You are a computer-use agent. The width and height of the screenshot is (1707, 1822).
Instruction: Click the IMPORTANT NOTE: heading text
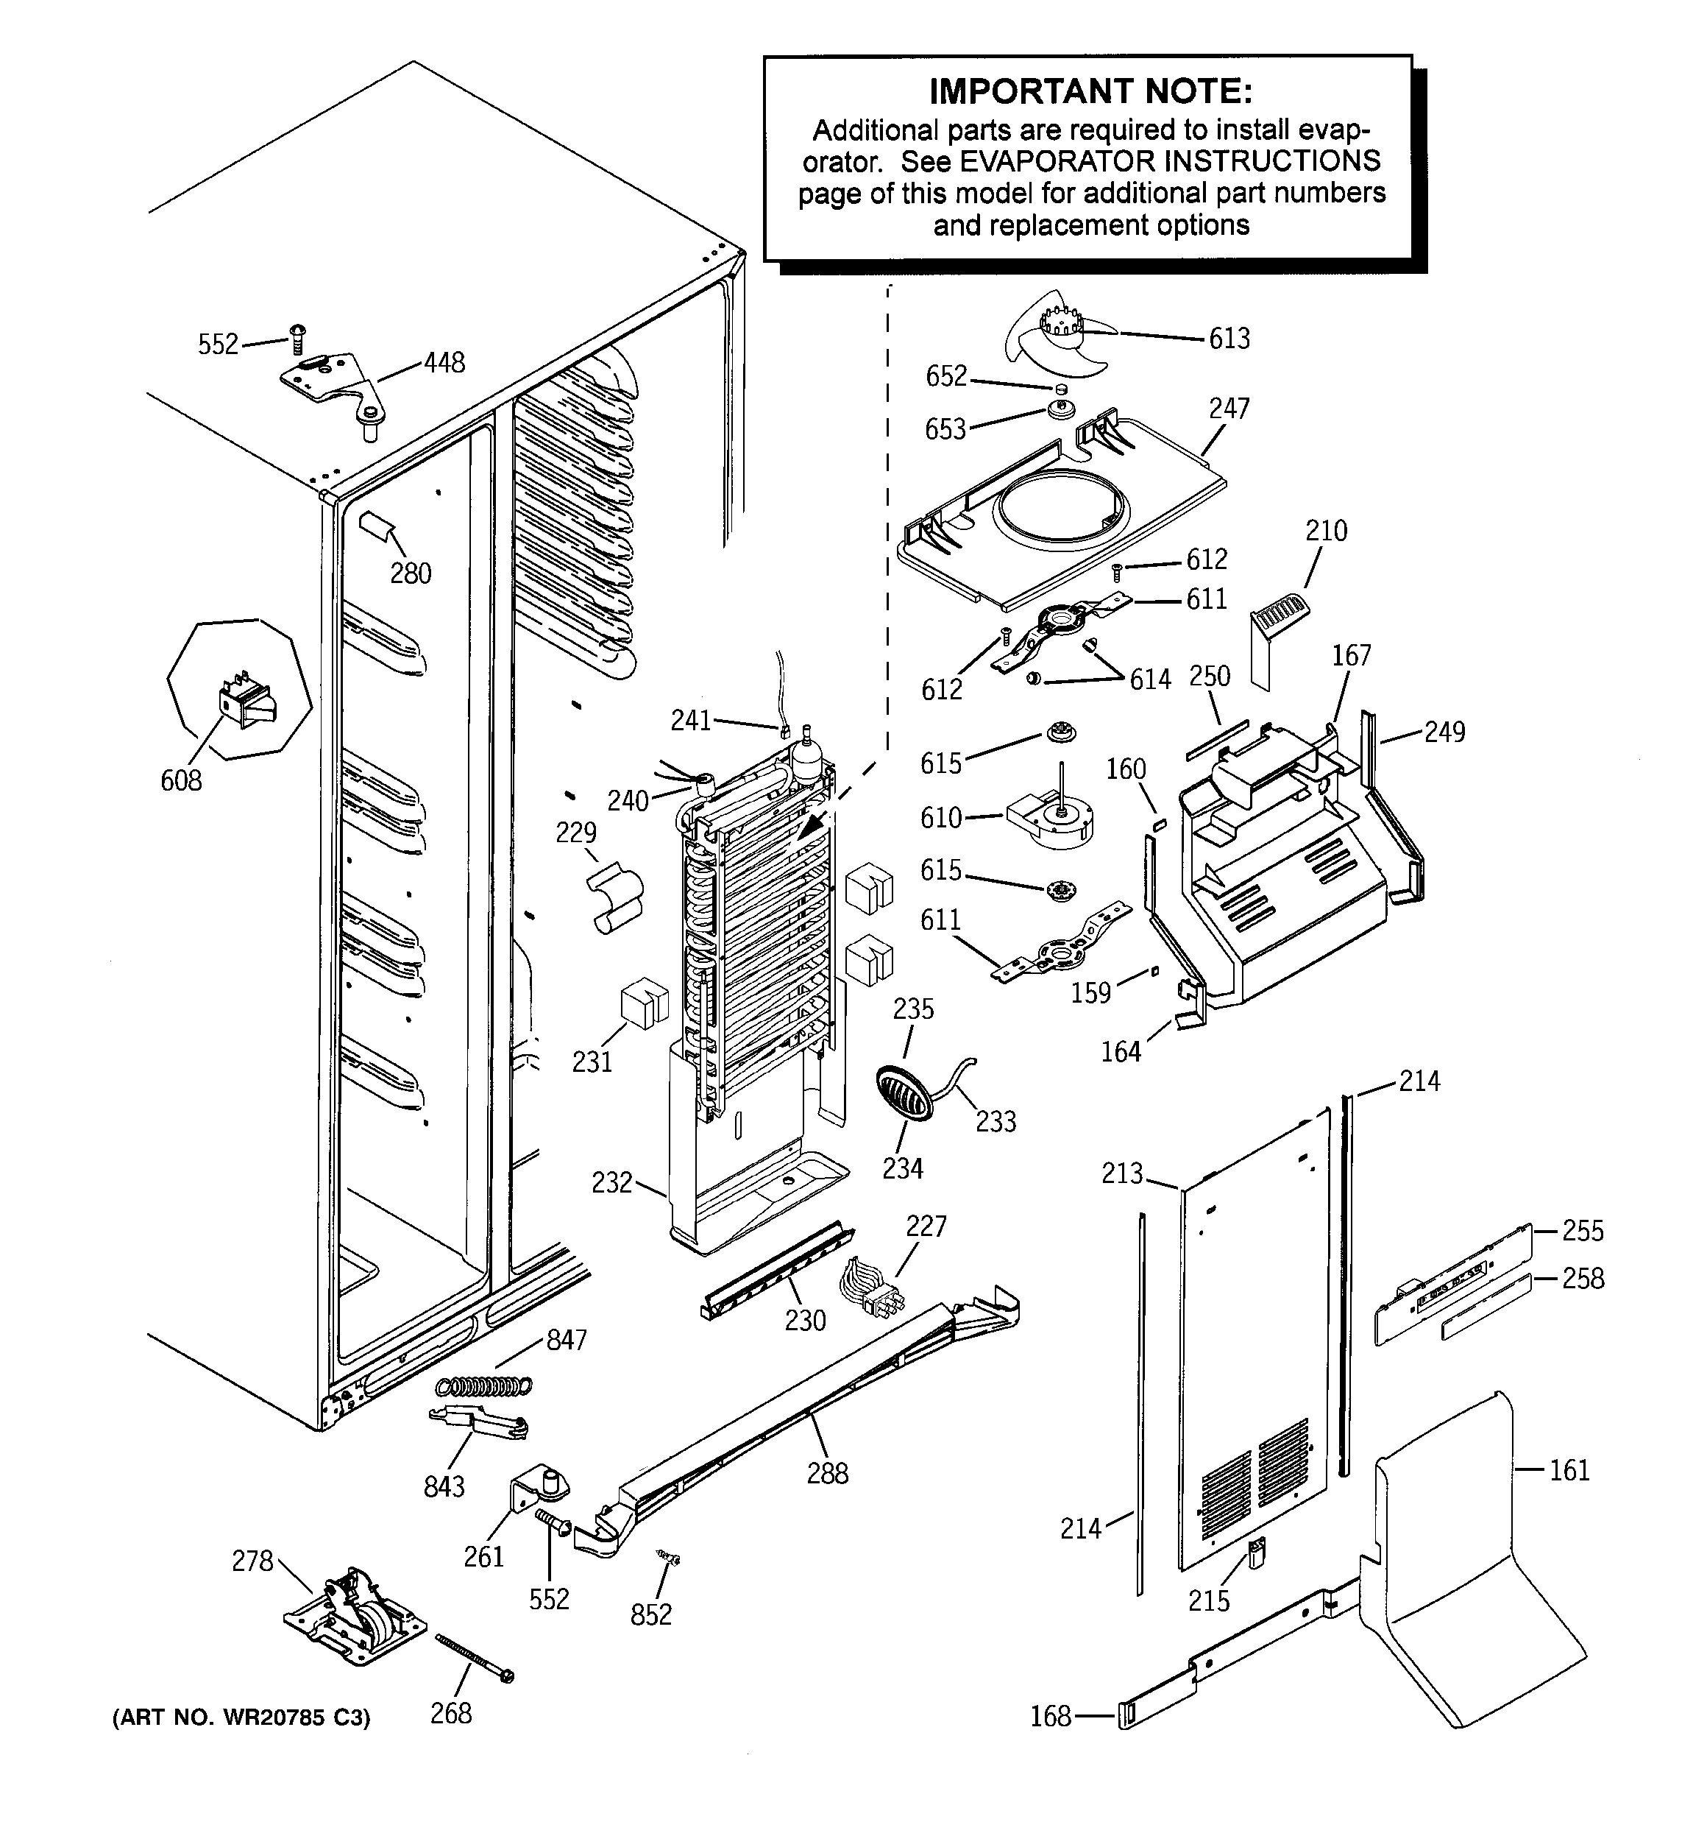(x=1090, y=91)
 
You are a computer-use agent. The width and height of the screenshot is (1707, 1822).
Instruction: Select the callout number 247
(x=1228, y=409)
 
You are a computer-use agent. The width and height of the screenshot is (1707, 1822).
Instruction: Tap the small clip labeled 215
(x=1256, y=1552)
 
